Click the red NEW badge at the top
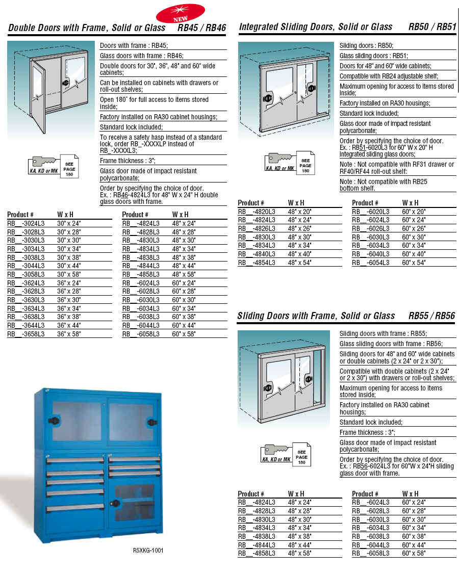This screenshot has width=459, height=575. [180, 12]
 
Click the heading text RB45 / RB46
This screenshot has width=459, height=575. [201, 28]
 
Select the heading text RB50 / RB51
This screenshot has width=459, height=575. [432, 27]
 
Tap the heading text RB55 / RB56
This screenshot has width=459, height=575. [431, 316]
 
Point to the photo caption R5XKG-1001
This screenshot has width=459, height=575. [148, 550]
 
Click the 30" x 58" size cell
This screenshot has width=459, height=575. [68, 274]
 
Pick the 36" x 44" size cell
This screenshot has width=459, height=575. [68, 325]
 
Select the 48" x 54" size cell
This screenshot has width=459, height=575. [299, 263]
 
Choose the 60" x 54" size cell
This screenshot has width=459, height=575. [414, 263]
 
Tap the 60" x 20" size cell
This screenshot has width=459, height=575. [414, 212]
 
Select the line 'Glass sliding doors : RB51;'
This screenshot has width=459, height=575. [373, 56]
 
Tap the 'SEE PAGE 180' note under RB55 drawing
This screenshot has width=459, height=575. [301, 457]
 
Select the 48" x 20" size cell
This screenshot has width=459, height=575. [299, 212]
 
